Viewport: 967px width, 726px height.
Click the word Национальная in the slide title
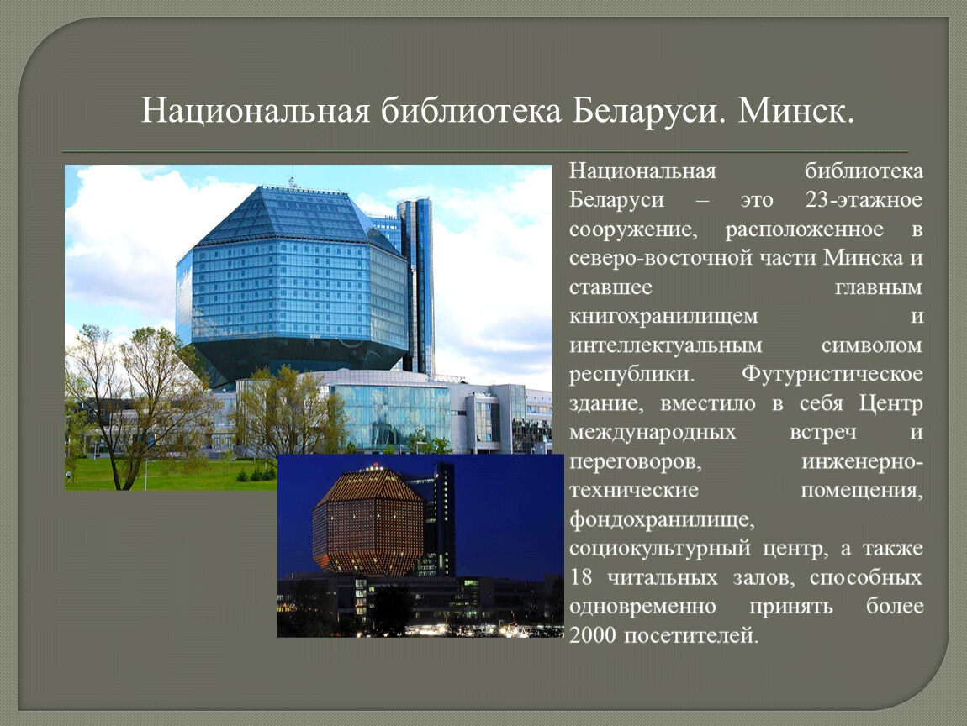[x=256, y=112]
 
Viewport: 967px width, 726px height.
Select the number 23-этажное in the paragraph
[x=864, y=200]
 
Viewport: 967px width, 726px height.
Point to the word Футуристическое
[x=832, y=374]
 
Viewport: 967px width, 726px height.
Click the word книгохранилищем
[x=663, y=316]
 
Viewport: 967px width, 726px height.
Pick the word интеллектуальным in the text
[x=665, y=345]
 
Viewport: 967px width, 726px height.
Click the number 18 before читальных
[x=581, y=577]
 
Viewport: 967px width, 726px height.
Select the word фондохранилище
[x=662, y=519]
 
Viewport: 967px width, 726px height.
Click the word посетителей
[x=691, y=634]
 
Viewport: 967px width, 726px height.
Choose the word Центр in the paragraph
[x=891, y=403]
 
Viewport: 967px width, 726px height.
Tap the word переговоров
[x=635, y=461]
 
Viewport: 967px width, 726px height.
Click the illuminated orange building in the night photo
[x=368, y=521]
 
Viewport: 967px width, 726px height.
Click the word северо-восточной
[x=660, y=258]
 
